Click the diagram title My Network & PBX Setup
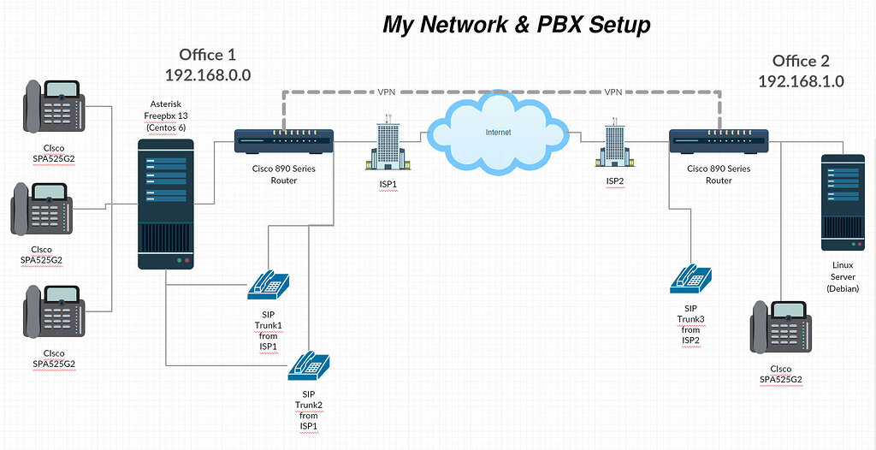[516, 25]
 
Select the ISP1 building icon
[388, 146]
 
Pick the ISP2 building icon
[614, 145]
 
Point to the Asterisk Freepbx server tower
[167, 205]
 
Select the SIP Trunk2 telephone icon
[308, 366]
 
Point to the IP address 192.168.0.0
[208, 74]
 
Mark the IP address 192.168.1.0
[801, 81]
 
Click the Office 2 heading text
[801, 61]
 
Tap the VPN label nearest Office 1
[387, 91]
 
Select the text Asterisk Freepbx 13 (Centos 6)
[168, 116]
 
